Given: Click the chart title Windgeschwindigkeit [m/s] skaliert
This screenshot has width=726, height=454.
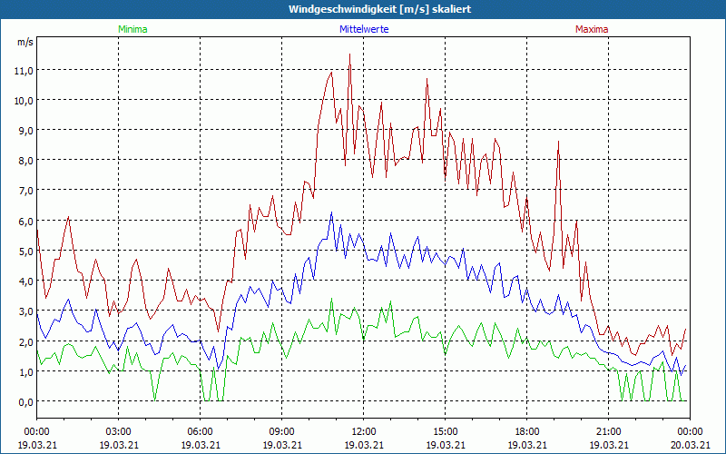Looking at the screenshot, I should [x=362, y=9].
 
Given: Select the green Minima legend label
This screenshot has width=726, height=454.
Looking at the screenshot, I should [x=132, y=29].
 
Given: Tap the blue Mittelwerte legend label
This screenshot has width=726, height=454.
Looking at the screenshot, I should [x=364, y=29].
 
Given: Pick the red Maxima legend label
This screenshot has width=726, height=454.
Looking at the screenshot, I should [x=592, y=29].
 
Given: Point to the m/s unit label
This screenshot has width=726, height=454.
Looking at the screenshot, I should [x=25, y=42].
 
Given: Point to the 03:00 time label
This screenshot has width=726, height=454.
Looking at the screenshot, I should [x=118, y=430].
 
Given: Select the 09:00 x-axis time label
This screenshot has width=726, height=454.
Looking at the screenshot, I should [x=281, y=430].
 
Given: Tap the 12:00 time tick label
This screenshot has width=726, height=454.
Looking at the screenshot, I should [x=363, y=430].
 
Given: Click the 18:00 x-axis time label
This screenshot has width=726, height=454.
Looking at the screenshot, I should [x=526, y=430].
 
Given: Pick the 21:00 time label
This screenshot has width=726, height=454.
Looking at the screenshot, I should [x=608, y=430].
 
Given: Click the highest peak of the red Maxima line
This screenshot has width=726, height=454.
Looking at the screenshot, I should [x=349, y=54].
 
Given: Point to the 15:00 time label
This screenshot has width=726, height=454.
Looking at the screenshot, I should [x=445, y=430].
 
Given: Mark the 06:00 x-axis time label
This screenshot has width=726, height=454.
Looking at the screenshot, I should [x=200, y=430].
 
